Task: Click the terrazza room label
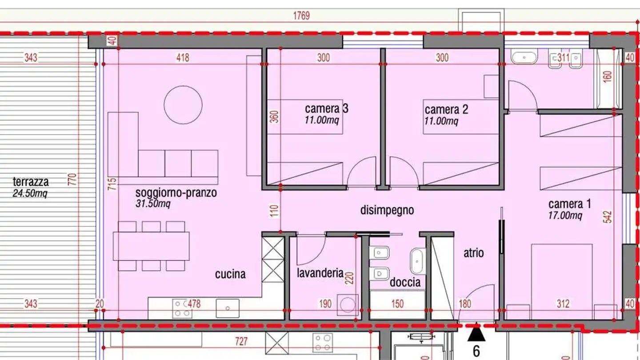(31, 182)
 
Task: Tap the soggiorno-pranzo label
(176, 193)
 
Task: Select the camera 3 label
(326, 108)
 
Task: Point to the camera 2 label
(446, 109)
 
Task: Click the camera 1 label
(569, 204)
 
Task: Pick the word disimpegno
(387, 210)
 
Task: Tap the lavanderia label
(320, 272)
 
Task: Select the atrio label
(473, 253)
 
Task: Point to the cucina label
(230, 274)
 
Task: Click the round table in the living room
(183, 105)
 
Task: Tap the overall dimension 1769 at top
(301, 16)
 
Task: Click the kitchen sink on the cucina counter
(228, 308)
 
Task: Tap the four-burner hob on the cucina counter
(183, 308)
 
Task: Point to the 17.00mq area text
(565, 216)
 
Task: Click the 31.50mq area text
(152, 204)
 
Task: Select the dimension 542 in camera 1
(608, 216)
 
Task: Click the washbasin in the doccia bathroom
(417, 261)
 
